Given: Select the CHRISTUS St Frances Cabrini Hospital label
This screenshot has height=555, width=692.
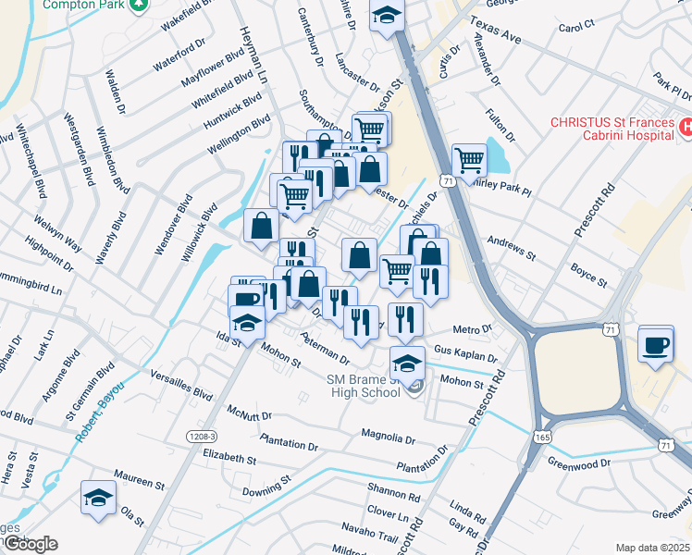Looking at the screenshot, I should [x=611, y=129].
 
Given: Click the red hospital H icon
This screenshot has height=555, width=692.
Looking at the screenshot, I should [x=686, y=128].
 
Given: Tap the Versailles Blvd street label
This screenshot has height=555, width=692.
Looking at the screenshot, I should [x=181, y=386].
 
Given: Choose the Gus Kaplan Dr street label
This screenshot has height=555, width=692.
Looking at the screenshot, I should [x=465, y=356].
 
